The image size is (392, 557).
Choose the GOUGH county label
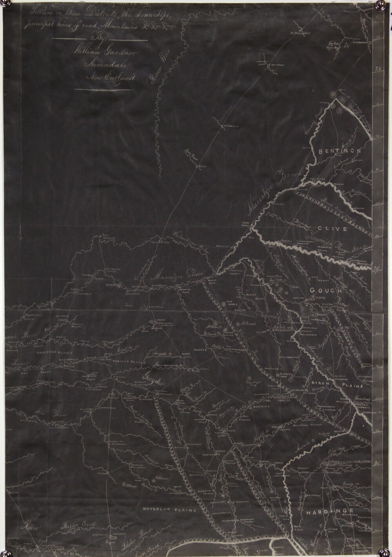point(326,290)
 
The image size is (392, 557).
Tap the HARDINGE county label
point(330,512)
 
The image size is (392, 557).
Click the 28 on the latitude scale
point(378,70)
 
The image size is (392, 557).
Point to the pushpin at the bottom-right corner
point(382,552)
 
